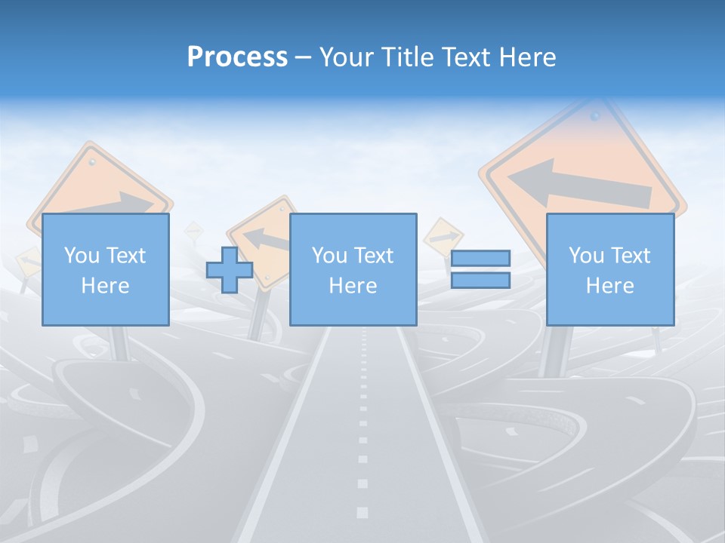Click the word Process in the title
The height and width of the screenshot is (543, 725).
(x=237, y=57)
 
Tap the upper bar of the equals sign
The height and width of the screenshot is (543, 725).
(x=480, y=259)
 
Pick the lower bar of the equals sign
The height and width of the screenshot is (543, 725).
(x=480, y=281)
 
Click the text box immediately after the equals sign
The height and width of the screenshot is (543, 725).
(x=609, y=269)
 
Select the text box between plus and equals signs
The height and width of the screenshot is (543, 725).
(x=353, y=269)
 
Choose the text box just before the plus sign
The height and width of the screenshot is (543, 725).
(x=105, y=269)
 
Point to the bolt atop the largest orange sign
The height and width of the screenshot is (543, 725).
(x=595, y=117)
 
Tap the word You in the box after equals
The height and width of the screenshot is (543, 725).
(x=585, y=255)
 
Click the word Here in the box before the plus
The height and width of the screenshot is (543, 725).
(x=105, y=285)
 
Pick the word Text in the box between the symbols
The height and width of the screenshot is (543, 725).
(x=374, y=255)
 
